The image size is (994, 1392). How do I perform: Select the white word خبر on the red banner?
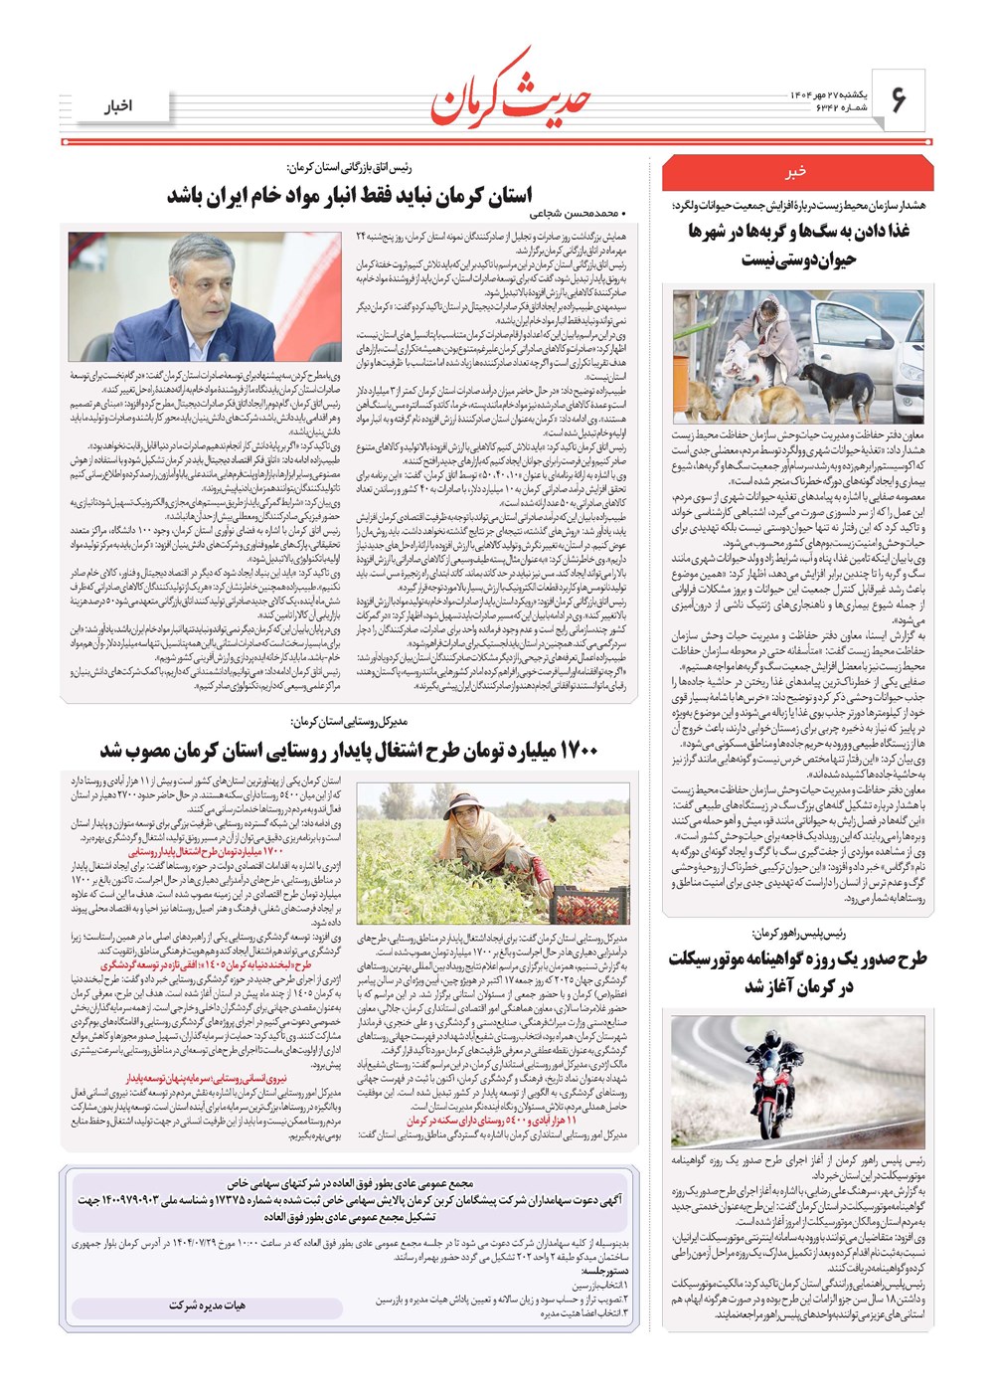(x=796, y=172)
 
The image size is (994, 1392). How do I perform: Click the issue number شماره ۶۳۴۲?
(x=817, y=107)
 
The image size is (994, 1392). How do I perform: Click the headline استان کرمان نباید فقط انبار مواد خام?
(x=349, y=195)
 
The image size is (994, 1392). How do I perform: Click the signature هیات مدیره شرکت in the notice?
(x=207, y=1305)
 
